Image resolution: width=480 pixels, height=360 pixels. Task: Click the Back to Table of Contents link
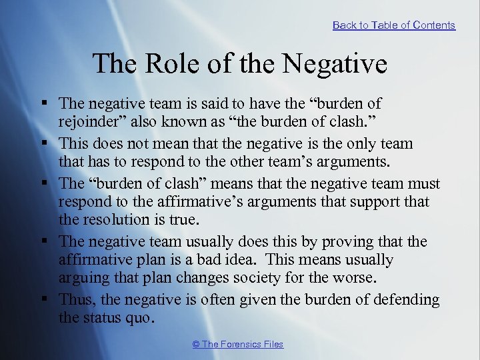pos(394,25)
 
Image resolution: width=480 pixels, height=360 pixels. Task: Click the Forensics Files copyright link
pos(237,344)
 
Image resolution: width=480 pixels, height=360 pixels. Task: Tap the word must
pos(424,183)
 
